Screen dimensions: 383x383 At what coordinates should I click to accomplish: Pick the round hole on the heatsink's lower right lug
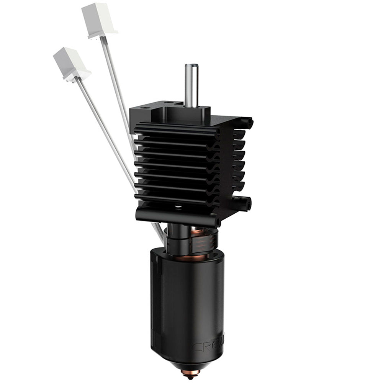point(249,203)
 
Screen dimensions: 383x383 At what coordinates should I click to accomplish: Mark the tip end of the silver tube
point(191,66)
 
